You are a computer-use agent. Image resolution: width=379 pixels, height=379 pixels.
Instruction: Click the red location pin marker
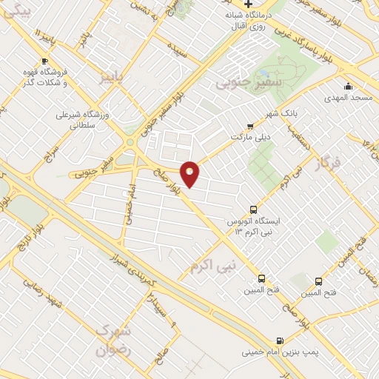[190, 174]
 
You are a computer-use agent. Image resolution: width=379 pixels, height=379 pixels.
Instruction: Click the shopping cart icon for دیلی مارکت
[249, 126]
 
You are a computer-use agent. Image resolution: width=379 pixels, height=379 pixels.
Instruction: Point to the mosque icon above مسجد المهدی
[348, 85]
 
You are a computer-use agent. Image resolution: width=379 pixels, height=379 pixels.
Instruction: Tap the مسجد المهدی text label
[349, 98]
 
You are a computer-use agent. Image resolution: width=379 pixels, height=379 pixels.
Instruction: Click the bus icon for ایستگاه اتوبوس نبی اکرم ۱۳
[254, 209]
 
